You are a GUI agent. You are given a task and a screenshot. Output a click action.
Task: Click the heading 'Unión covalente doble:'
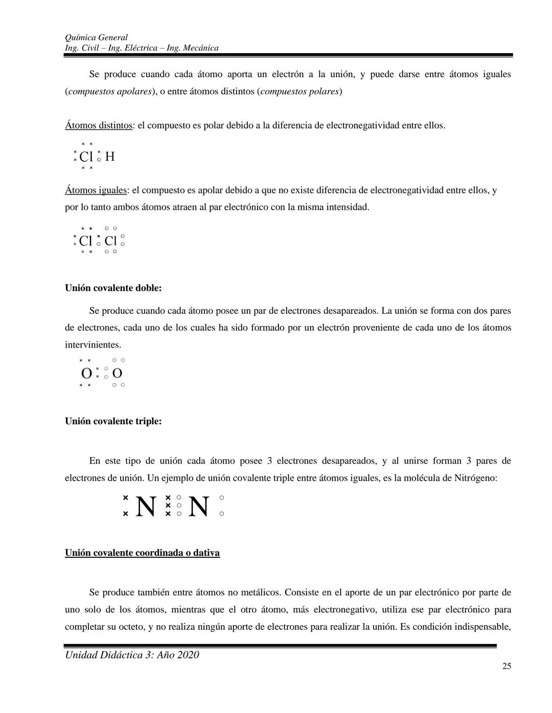113,288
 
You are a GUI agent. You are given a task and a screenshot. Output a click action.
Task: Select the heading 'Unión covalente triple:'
113,421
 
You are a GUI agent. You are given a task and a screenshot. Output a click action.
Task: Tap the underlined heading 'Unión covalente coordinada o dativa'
142,553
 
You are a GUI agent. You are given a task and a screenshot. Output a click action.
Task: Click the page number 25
507,666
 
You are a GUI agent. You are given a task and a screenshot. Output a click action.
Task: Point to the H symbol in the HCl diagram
109,157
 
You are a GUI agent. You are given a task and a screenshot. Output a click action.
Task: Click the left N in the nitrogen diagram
146,507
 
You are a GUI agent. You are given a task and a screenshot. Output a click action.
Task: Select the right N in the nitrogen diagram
198,507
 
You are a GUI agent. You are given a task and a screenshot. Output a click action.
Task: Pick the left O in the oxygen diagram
86,374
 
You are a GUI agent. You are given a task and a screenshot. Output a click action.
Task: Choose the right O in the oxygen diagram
117,374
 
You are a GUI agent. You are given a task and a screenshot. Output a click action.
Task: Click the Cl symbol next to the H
86,157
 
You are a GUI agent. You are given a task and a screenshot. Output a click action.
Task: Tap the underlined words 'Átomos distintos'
98,126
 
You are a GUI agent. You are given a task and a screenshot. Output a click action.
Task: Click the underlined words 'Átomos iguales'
96,190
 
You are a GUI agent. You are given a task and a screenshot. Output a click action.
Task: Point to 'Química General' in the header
96,37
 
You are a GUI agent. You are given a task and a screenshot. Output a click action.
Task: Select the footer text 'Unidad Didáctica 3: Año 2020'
132,655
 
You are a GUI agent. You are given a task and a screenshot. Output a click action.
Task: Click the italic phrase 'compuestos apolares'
109,92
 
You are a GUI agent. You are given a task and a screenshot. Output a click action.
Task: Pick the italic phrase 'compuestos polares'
300,92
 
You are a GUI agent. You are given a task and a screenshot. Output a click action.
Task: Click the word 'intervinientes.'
93,345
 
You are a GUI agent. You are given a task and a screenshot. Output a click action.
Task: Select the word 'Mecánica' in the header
200,48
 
